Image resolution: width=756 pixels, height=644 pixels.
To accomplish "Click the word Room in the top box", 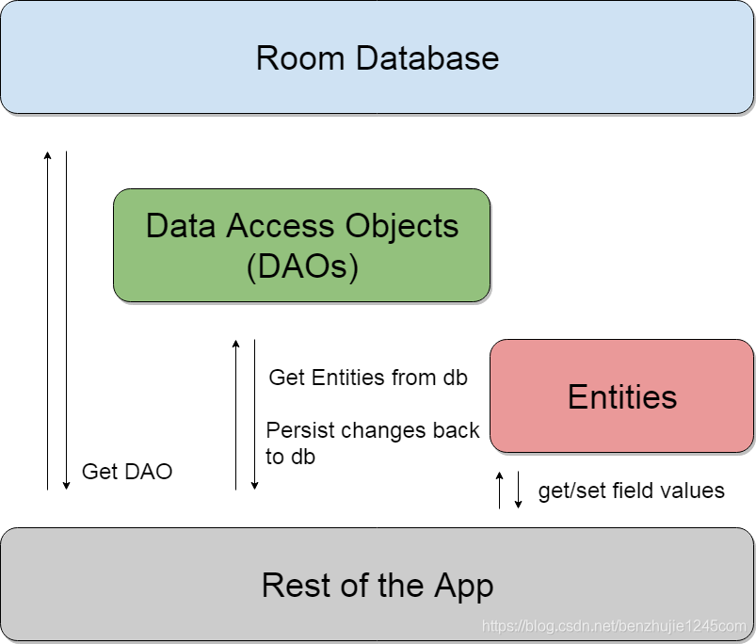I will pyautogui.click(x=298, y=58).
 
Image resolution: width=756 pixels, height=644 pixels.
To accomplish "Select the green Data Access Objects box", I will pyautogui.click(x=301, y=245).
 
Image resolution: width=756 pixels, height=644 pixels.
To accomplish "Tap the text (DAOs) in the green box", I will pyautogui.click(x=301, y=266).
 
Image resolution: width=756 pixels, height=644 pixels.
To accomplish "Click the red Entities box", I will pyautogui.click(x=622, y=396).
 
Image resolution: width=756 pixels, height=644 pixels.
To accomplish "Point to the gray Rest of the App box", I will pyautogui.click(x=378, y=585).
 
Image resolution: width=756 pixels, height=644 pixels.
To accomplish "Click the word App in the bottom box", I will pyautogui.click(x=463, y=586).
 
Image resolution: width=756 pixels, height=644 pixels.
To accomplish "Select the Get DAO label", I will pyautogui.click(x=127, y=472).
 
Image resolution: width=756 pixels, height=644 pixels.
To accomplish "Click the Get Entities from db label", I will pyautogui.click(x=368, y=378).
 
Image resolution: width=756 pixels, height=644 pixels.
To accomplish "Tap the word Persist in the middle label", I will pyautogui.click(x=299, y=430).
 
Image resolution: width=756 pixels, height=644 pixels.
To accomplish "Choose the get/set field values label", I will pyautogui.click(x=631, y=491).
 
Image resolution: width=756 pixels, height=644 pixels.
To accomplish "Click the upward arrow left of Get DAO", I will pyautogui.click(x=48, y=320).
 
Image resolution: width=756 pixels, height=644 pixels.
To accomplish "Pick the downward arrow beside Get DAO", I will pyautogui.click(x=66, y=320).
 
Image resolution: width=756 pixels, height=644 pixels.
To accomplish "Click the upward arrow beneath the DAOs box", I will pyautogui.click(x=236, y=414).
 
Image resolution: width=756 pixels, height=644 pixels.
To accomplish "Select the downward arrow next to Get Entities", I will pyautogui.click(x=254, y=414).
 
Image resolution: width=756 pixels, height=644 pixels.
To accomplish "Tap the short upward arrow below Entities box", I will pyautogui.click(x=500, y=490).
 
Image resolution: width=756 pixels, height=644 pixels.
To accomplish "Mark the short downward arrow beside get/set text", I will pyautogui.click(x=518, y=490).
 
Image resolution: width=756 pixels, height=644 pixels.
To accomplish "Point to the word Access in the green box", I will pyautogui.click(x=282, y=226).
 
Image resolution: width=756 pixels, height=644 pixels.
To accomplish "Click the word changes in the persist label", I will pyautogui.click(x=387, y=430).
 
